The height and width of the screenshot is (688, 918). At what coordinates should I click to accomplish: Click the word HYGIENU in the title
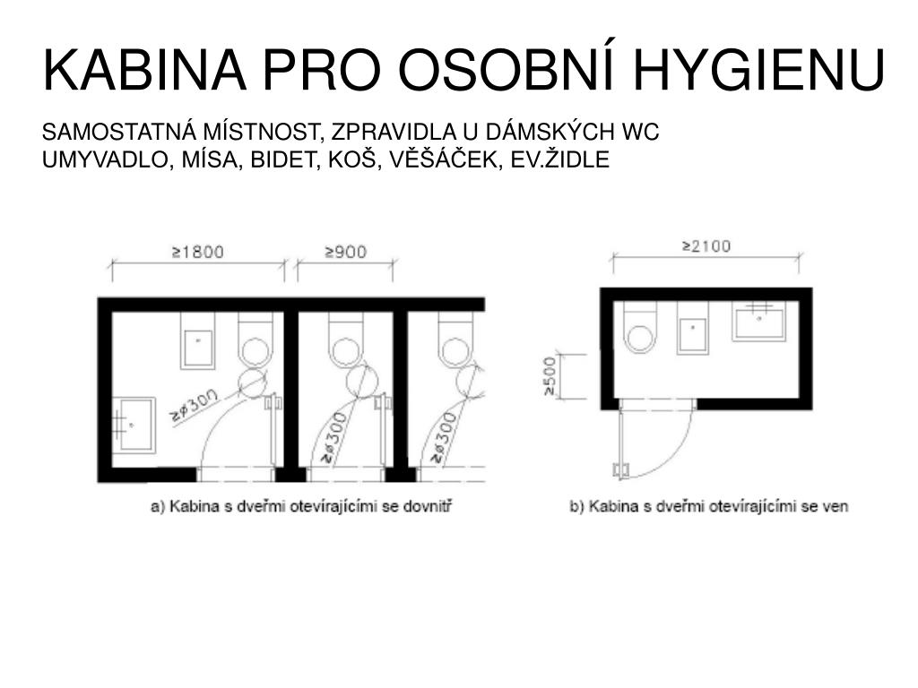point(758,70)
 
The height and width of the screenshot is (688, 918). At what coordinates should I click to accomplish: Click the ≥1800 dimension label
point(198,252)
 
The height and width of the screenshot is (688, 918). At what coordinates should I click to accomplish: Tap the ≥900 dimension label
point(346,252)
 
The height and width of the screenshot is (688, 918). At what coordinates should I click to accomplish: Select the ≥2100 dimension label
point(706,246)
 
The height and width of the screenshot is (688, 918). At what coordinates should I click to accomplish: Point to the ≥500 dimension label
point(550,376)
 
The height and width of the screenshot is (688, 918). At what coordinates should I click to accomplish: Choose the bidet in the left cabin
point(197,340)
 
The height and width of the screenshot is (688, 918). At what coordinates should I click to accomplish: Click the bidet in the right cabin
point(693,328)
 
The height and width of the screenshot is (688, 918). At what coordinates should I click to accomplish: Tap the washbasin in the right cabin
point(758,321)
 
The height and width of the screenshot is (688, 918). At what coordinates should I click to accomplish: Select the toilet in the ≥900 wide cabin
point(346,340)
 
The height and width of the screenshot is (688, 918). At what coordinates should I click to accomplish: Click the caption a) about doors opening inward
point(301,506)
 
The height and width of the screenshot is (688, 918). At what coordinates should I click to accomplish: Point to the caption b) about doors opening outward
point(709,506)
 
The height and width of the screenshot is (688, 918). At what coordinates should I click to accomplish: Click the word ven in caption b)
point(835,507)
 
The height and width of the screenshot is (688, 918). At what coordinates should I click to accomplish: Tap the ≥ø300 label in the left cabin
point(194,405)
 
